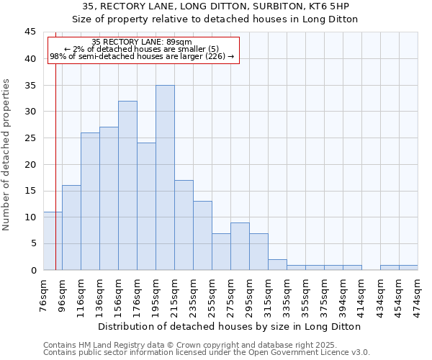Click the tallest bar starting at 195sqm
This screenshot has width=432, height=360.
[x=165, y=178]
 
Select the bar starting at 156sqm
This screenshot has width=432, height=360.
[x=127, y=186]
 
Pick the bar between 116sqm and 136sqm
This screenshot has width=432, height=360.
[x=90, y=202]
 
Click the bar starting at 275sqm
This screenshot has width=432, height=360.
[x=240, y=246]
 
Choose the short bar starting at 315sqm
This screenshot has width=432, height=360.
[x=277, y=265]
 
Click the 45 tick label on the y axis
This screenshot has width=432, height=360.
[x=30, y=32]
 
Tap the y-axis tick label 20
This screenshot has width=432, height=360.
[x=30, y=164]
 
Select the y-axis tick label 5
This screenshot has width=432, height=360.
[x=32, y=243]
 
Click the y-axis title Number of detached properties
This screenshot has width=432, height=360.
[x=7, y=155]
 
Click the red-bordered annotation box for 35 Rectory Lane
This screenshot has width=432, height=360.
[x=143, y=50]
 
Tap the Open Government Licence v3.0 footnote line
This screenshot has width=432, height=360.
[x=207, y=352]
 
